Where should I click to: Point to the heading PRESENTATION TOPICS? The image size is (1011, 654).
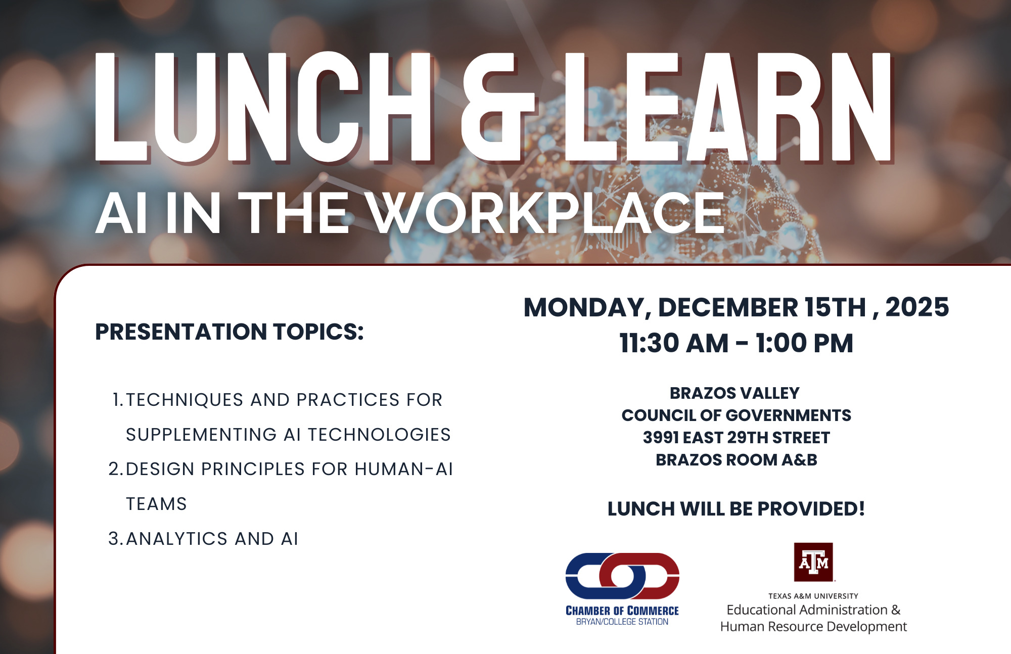(229, 332)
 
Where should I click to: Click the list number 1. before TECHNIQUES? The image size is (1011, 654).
(117, 400)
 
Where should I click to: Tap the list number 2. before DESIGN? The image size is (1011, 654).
(115, 469)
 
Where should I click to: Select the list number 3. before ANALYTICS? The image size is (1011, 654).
(115, 539)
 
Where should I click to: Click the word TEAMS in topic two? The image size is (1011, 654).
(156, 504)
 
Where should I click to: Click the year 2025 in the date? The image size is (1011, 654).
(917, 307)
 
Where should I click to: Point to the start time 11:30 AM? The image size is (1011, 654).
(673, 343)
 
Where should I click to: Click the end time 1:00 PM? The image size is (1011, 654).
(804, 343)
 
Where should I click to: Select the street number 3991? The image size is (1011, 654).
(661, 438)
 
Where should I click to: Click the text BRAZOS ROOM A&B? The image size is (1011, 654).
(736, 460)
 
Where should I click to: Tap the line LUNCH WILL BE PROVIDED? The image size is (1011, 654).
(736, 509)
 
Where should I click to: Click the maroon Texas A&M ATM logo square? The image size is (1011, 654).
(813, 562)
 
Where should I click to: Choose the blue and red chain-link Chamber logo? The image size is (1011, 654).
(622, 576)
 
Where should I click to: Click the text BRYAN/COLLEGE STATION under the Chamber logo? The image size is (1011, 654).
(622, 622)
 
